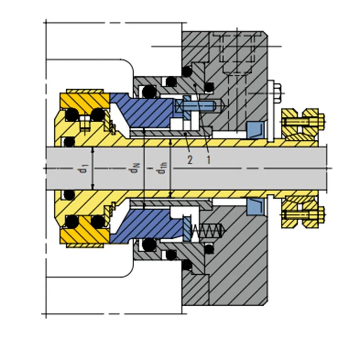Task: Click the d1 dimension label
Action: click(x=84, y=168)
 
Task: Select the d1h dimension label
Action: click(x=163, y=168)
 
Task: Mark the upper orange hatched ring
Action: click(x=85, y=100)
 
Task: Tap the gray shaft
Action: click(x=216, y=168)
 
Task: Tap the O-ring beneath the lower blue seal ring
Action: click(x=148, y=246)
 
